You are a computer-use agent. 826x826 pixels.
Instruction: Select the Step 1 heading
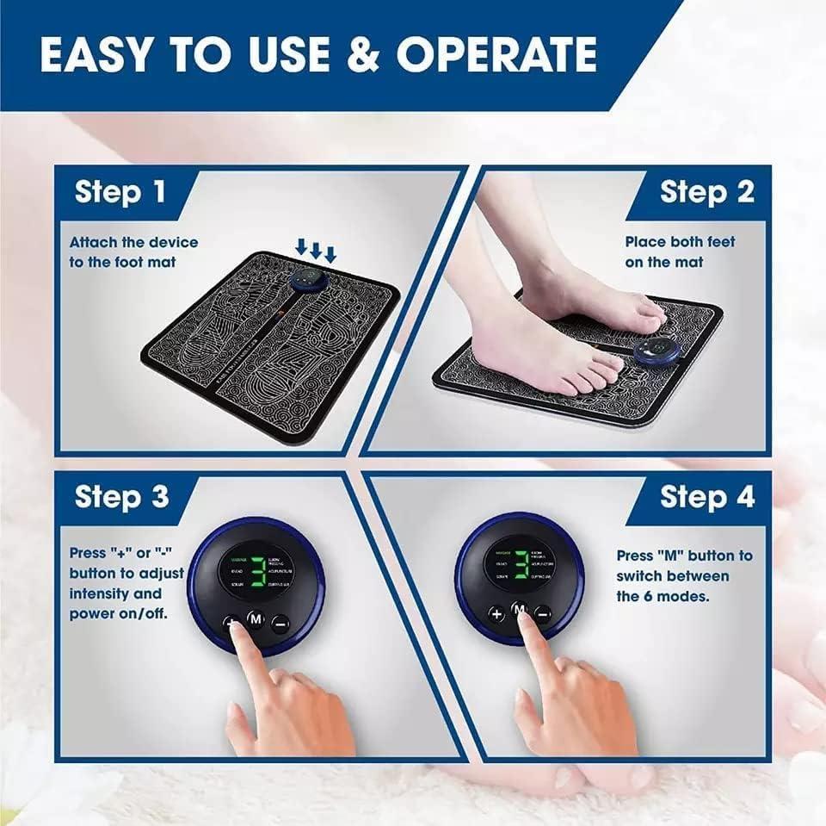[120, 191]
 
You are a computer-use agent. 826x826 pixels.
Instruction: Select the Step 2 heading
[706, 191]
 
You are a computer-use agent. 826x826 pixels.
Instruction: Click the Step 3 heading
[120, 496]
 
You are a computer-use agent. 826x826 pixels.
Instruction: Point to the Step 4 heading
[706, 496]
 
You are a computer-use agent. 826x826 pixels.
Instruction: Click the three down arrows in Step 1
[315, 250]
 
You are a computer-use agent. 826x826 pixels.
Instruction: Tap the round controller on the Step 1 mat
[303, 281]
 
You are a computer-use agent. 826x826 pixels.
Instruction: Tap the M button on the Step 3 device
[256, 619]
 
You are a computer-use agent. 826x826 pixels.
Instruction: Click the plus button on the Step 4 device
[496, 614]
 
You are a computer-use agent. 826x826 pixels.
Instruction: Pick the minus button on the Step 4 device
[543, 614]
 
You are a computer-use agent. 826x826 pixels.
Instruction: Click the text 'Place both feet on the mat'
[680, 252]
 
